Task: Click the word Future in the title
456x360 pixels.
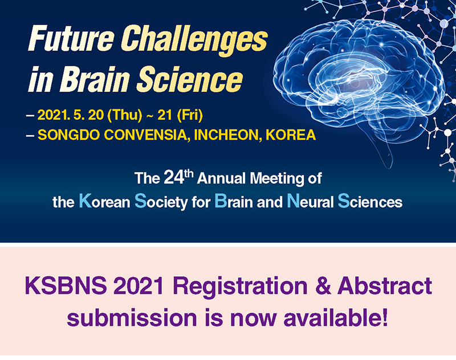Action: (x=71, y=38)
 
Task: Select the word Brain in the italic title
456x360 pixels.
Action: (x=95, y=78)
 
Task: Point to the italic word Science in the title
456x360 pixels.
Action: (x=190, y=78)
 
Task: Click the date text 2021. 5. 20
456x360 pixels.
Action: (x=70, y=115)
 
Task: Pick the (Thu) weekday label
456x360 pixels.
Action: (x=125, y=115)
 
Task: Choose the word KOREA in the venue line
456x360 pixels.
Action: (x=291, y=135)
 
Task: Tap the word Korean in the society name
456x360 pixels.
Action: (x=105, y=201)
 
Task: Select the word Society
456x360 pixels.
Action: (x=161, y=202)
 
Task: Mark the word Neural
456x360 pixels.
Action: (x=310, y=201)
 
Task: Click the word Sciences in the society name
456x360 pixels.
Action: (x=370, y=201)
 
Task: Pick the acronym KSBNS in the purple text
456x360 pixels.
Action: (x=66, y=285)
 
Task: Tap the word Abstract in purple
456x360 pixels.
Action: (x=384, y=285)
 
